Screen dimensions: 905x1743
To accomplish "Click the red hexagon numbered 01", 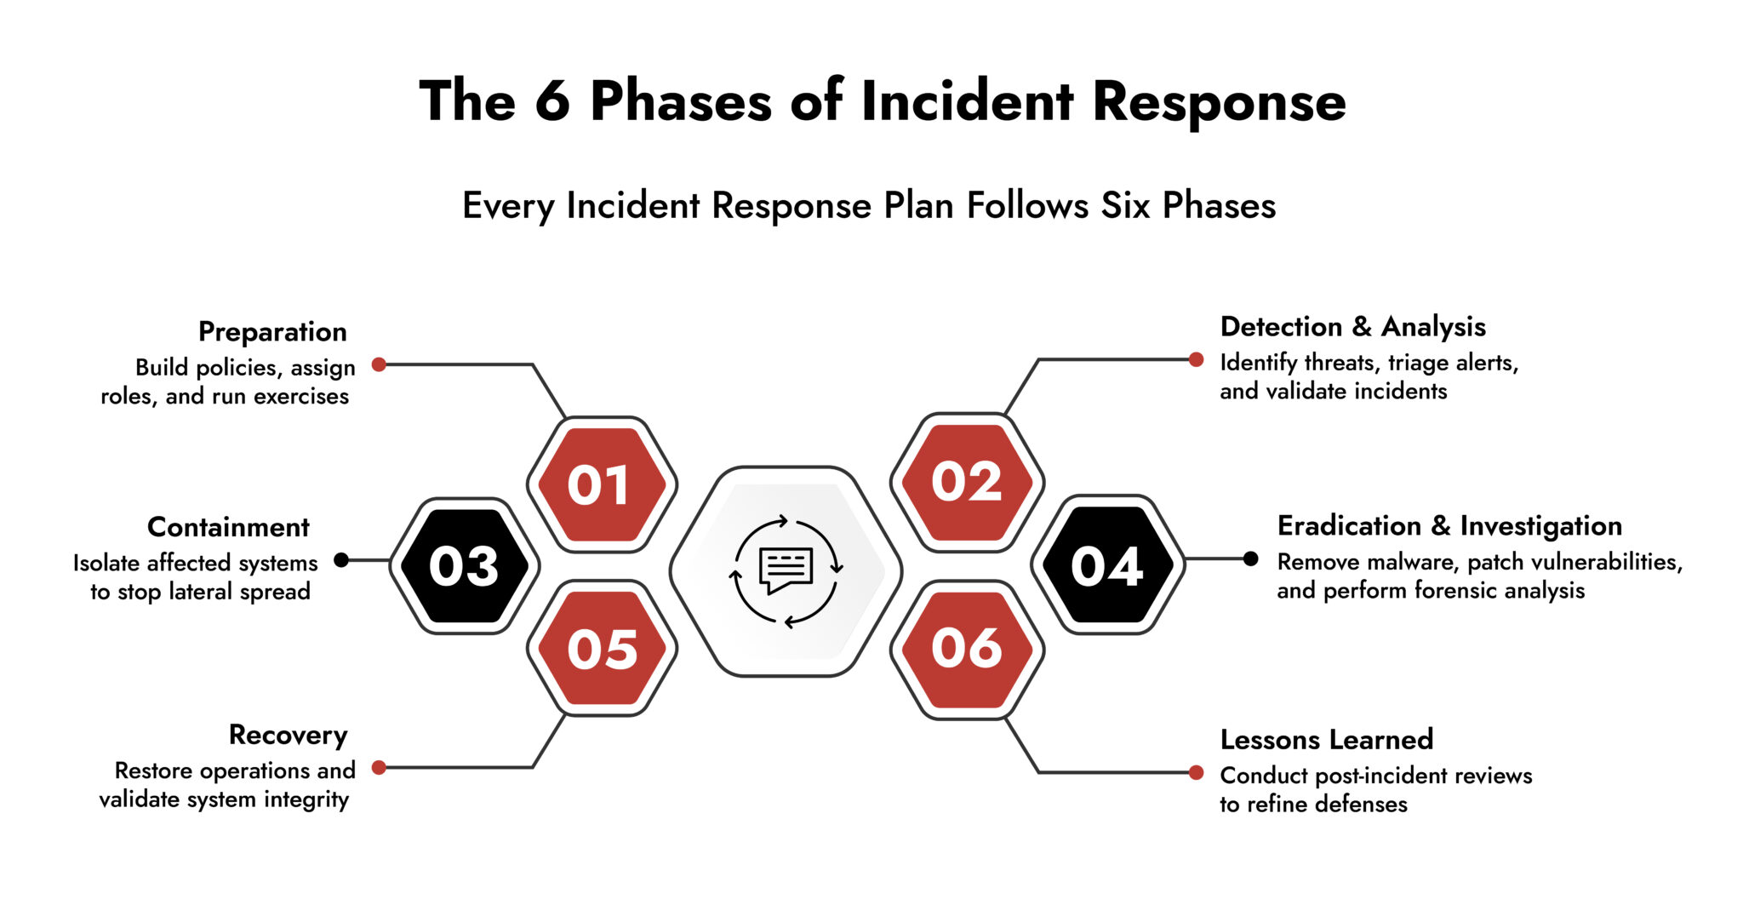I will [602, 484].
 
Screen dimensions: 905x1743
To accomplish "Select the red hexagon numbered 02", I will [967, 482].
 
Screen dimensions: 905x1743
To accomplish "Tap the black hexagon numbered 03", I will [465, 566].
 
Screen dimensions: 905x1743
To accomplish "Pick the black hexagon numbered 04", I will [1106, 565].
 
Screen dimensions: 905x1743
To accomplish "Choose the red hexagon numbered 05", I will [602, 649].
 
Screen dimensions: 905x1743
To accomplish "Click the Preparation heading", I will [272, 332].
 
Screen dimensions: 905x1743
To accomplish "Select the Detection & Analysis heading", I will [1352, 327].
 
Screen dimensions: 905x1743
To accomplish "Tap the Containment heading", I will [228, 527].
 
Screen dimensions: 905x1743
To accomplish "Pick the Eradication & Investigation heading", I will [1449, 526].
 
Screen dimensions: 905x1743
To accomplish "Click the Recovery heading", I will [288, 735].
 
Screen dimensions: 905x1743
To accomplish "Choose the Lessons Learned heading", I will [1326, 739].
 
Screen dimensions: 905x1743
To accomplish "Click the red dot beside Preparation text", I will [380, 365].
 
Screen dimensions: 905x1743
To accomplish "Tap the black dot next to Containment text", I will [341, 560].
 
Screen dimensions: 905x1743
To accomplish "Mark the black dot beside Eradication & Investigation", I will [1250, 559].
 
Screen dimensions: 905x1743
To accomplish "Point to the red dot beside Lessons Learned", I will [1196, 773].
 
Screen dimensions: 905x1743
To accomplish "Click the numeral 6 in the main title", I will [552, 102].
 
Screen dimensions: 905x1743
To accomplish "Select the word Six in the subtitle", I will [1127, 206].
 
